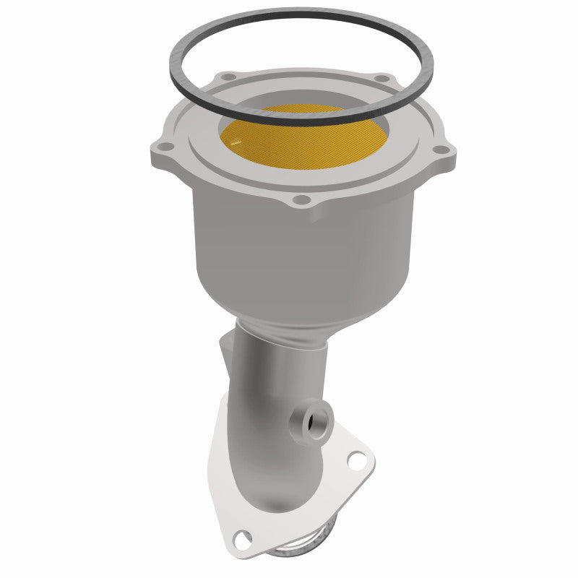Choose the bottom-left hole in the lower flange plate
click(x=245, y=536)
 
